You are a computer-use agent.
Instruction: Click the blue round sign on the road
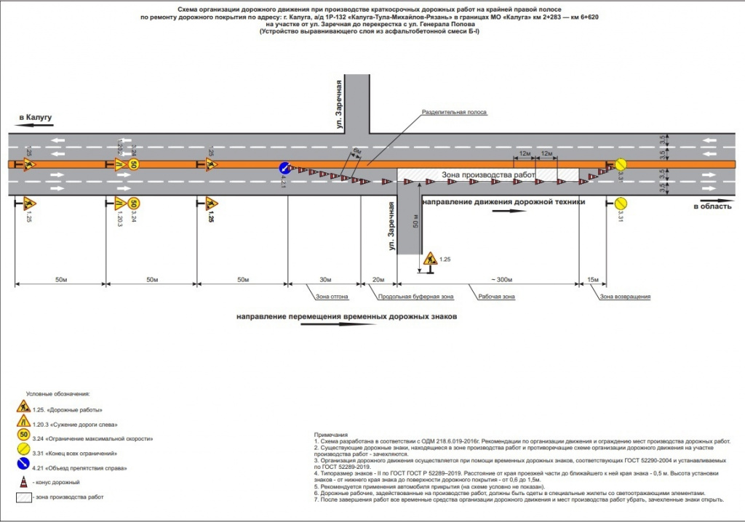[x=285, y=169]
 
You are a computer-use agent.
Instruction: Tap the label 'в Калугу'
[x=36, y=117]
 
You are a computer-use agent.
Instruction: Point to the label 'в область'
[x=711, y=207]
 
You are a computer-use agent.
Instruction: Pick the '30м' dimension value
[x=325, y=280]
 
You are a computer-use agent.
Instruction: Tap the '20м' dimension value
[x=378, y=280]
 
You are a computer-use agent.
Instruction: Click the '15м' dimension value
[x=593, y=280]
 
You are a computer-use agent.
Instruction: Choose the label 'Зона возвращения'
[x=625, y=297]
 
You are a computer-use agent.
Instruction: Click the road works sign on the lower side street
[x=430, y=258]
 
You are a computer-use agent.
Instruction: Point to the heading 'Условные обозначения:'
[x=57, y=393]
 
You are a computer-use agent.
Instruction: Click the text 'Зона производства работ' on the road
[x=488, y=176]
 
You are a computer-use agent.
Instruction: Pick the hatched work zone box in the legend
[x=24, y=497]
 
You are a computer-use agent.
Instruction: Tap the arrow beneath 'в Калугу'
[x=35, y=126]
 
